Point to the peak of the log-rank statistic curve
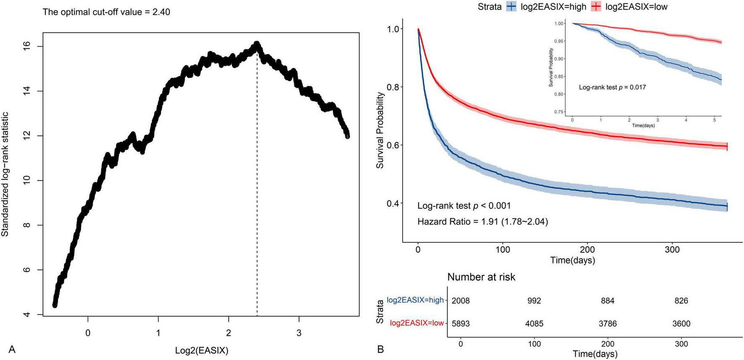[x=257, y=44]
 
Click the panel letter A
[x=12, y=349]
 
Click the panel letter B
[x=380, y=349]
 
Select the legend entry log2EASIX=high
[x=553, y=7]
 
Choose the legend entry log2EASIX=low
[x=636, y=7]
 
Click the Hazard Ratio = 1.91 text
[x=482, y=221]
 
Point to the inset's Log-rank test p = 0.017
[x=612, y=87]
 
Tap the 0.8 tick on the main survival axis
[x=393, y=87]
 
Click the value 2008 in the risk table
[x=461, y=301]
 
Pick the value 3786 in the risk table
[x=608, y=324]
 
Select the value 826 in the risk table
[x=681, y=301]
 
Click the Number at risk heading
[x=481, y=277]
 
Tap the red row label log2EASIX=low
[x=417, y=323]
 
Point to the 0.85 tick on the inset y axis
[x=559, y=76]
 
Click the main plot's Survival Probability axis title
[x=380, y=131]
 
